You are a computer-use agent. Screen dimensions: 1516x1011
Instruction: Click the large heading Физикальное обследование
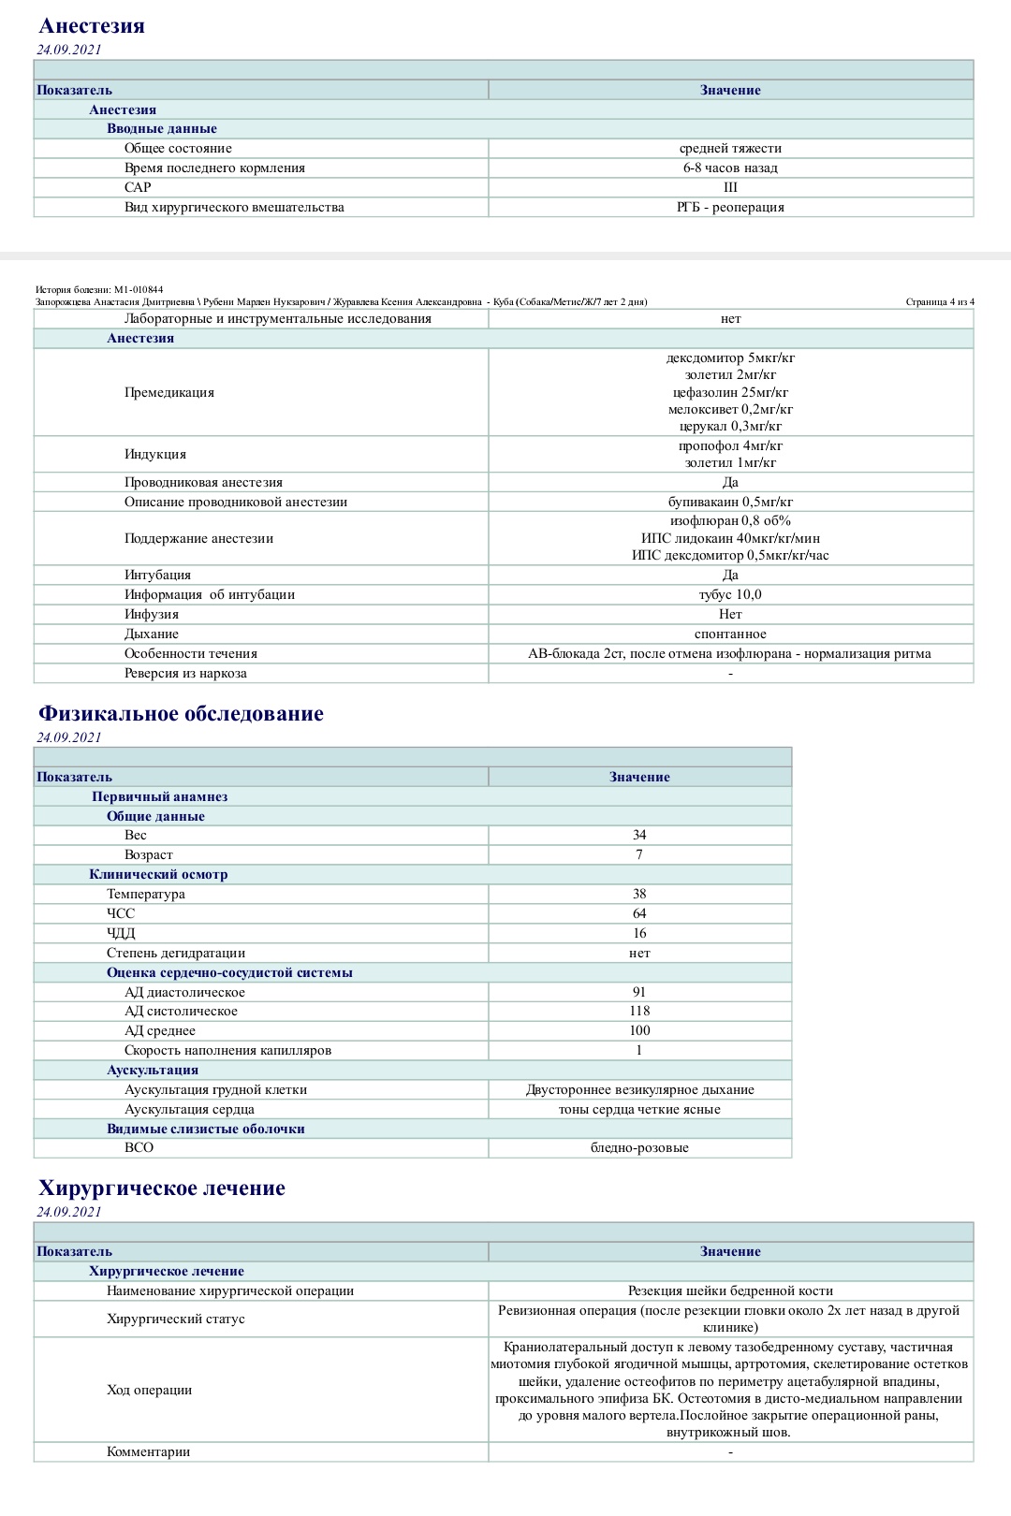point(181,714)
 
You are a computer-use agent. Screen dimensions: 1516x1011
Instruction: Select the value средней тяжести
point(730,148)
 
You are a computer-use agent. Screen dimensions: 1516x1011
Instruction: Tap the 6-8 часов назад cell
point(730,168)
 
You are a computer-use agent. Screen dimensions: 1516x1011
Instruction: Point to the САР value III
point(730,187)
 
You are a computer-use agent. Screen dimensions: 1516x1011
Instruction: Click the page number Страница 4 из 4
point(940,301)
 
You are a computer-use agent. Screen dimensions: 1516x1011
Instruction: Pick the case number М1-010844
point(139,289)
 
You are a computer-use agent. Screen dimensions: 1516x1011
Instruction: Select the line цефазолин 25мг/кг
point(730,392)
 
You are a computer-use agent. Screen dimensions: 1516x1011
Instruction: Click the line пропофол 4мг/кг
point(730,445)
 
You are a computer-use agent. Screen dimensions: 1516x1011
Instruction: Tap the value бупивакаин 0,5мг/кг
point(730,502)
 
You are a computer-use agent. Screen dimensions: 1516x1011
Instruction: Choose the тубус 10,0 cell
point(730,594)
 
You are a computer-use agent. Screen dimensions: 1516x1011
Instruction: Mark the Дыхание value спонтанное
point(730,634)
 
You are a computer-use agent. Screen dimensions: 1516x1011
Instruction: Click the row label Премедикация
point(169,392)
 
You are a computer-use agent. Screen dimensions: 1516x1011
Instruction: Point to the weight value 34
point(639,835)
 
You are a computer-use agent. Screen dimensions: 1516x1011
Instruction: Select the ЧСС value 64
point(639,913)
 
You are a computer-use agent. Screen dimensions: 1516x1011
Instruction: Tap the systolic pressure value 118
point(639,1011)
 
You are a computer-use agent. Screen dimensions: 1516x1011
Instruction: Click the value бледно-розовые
point(639,1147)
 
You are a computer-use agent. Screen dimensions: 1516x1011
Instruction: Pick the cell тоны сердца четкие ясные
point(639,1109)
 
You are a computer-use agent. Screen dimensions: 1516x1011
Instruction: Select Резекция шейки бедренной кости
point(730,1290)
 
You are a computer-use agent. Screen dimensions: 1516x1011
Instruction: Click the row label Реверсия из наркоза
point(185,673)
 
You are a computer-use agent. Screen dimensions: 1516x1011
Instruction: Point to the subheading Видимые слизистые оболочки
point(206,1129)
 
